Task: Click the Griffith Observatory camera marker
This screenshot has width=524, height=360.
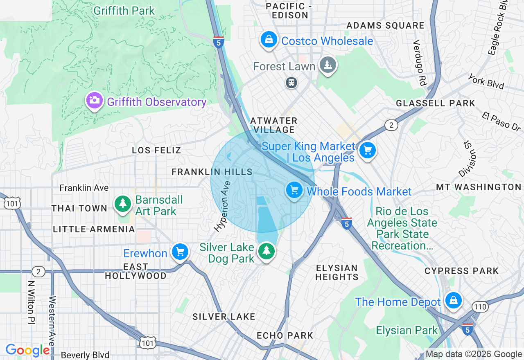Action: click(94, 100)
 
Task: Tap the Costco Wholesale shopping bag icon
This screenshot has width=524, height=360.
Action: click(269, 40)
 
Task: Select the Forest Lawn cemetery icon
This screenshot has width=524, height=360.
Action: click(327, 65)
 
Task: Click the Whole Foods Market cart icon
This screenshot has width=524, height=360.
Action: click(294, 190)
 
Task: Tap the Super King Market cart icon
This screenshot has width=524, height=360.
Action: click(367, 151)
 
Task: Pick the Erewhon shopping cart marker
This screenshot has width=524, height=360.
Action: click(180, 252)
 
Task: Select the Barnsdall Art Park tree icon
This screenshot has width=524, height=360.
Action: click(122, 203)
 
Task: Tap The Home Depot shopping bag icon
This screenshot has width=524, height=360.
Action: click(454, 300)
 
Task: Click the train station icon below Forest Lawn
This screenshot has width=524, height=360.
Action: click(291, 83)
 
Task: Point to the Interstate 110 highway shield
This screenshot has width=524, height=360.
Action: click(479, 306)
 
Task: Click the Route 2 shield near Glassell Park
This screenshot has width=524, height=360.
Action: click(391, 125)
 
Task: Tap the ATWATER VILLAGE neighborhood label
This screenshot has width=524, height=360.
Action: click(273, 125)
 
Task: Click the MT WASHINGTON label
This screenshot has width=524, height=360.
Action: click(478, 187)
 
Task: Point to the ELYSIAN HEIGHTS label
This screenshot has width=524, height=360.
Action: click(337, 272)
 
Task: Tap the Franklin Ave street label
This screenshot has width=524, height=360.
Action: click(84, 188)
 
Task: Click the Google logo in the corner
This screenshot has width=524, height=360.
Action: click(27, 350)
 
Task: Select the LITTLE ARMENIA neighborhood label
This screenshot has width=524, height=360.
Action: click(94, 229)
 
